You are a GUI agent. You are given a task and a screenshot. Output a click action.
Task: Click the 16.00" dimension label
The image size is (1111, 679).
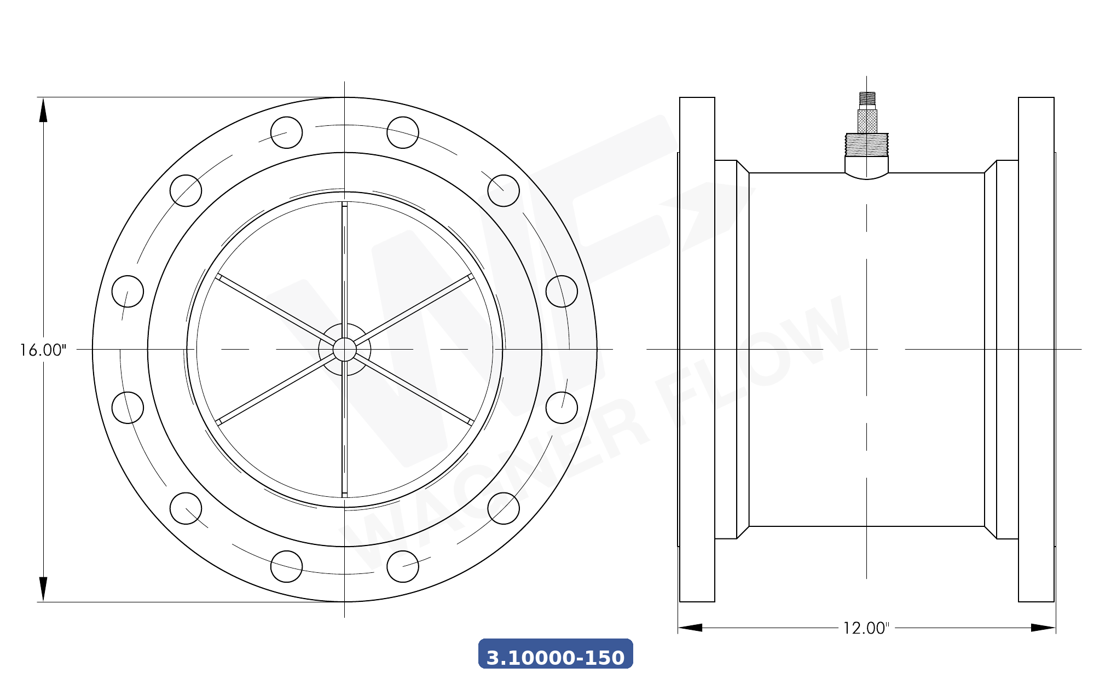coord(43,350)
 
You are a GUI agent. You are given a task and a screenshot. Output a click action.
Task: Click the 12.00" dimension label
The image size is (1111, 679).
coord(866,628)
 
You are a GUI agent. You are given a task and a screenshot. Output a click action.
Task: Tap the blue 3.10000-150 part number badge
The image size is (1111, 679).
coord(555,654)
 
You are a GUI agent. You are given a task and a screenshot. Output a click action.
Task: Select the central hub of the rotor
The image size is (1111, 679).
coord(344,350)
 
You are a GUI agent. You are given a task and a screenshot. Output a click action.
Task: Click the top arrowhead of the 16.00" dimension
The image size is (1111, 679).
coord(43,109)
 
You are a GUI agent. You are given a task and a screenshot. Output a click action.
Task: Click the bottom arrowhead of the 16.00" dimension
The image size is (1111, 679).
coord(43,589)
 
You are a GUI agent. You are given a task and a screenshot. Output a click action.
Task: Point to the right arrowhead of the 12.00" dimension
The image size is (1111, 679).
coord(1042,628)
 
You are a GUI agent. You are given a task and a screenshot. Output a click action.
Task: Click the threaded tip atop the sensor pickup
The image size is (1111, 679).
coord(867,98)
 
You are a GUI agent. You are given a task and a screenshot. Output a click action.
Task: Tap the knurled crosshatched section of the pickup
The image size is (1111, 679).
coord(867,121)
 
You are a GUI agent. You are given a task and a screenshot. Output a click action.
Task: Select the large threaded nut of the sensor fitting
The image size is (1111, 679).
coord(866,144)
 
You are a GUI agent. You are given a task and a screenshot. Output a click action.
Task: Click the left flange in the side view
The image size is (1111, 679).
coord(697,350)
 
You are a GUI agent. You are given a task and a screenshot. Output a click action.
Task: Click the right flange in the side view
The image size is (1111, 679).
coord(1036,350)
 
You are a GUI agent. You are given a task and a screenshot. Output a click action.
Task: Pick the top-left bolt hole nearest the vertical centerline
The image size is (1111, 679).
coord(286,132)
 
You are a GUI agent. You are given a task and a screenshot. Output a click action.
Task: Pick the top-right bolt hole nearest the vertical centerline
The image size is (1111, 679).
coord(403,132)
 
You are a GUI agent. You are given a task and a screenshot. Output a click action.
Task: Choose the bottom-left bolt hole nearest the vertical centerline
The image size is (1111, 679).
coord(286,566)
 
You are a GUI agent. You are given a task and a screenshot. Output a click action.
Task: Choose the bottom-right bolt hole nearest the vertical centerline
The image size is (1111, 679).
coord(403,566)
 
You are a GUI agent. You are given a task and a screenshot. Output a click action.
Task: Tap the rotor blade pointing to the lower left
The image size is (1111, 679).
coord(274,390)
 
